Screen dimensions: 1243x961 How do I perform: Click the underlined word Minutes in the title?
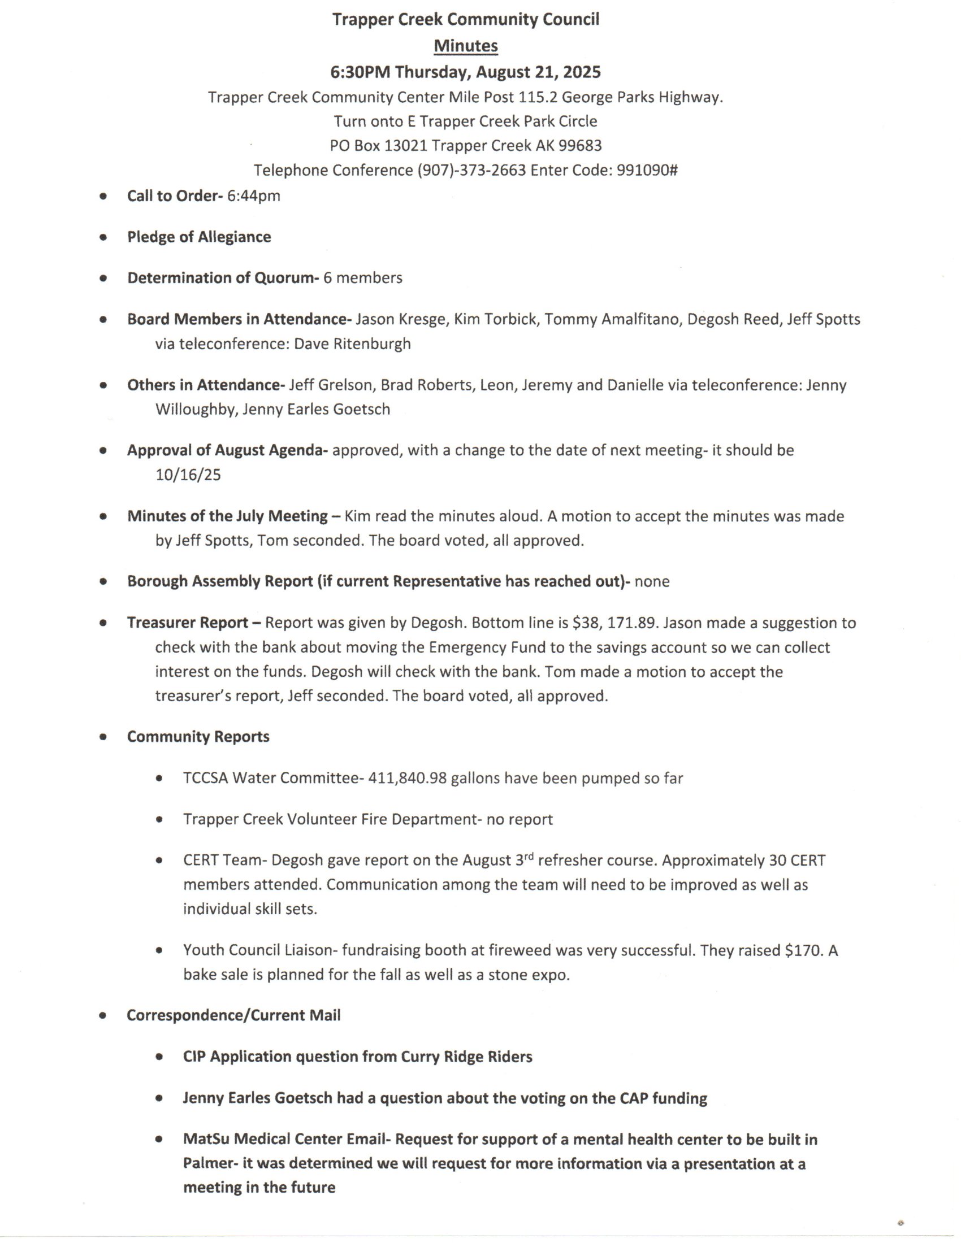pos(466,46)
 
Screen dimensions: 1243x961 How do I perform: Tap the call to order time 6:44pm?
pos(253,197)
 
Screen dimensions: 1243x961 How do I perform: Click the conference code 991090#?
pos(647,170)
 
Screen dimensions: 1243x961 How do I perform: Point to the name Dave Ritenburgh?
pos(352,344)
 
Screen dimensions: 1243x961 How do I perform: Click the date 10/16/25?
pos(188,475)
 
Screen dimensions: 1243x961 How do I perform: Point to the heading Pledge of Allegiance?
pos(199,237)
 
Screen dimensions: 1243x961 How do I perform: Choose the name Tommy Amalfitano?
pos(612,319)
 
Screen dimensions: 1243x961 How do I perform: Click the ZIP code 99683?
pos(579,146)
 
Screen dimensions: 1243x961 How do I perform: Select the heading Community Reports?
pos(198,737)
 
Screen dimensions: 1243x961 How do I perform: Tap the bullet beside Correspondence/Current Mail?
pos(103,1016)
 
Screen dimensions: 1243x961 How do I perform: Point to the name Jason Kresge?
pos(401,319)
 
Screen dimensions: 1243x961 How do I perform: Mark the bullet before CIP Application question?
pos(159,1058)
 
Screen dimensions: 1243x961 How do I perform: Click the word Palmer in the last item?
pos(208,1164)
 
